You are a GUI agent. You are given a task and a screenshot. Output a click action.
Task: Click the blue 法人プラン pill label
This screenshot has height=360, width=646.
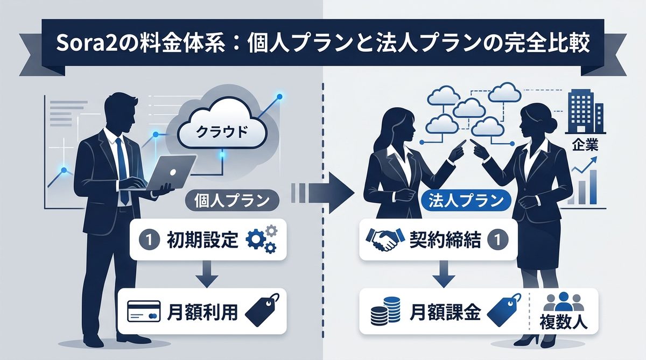pyautogui.click(x=465, y=201)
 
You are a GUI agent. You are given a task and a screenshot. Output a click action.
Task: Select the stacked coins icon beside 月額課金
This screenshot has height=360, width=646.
pyautogui.click(x=383, y=312)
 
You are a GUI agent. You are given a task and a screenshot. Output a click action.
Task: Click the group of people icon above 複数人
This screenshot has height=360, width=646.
pyautogui.click(x=563, y=301)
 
